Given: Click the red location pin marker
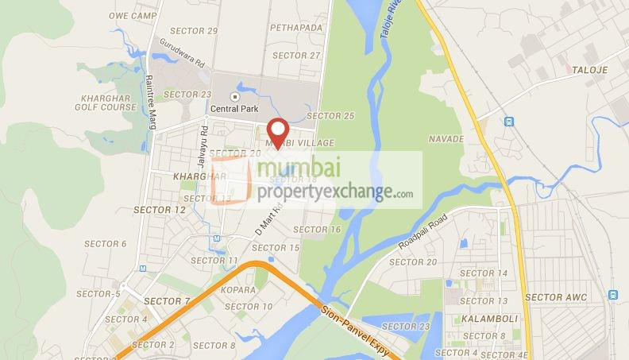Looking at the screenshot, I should (277, 132).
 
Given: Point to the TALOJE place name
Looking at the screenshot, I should (589, 71).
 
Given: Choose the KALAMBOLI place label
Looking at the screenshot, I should (481, 319).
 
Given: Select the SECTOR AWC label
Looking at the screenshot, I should (554, 296).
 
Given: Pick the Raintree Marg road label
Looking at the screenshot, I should (149, 101).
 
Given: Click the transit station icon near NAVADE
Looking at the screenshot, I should (509, 122).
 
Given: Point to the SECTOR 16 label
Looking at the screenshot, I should (317, 229).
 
